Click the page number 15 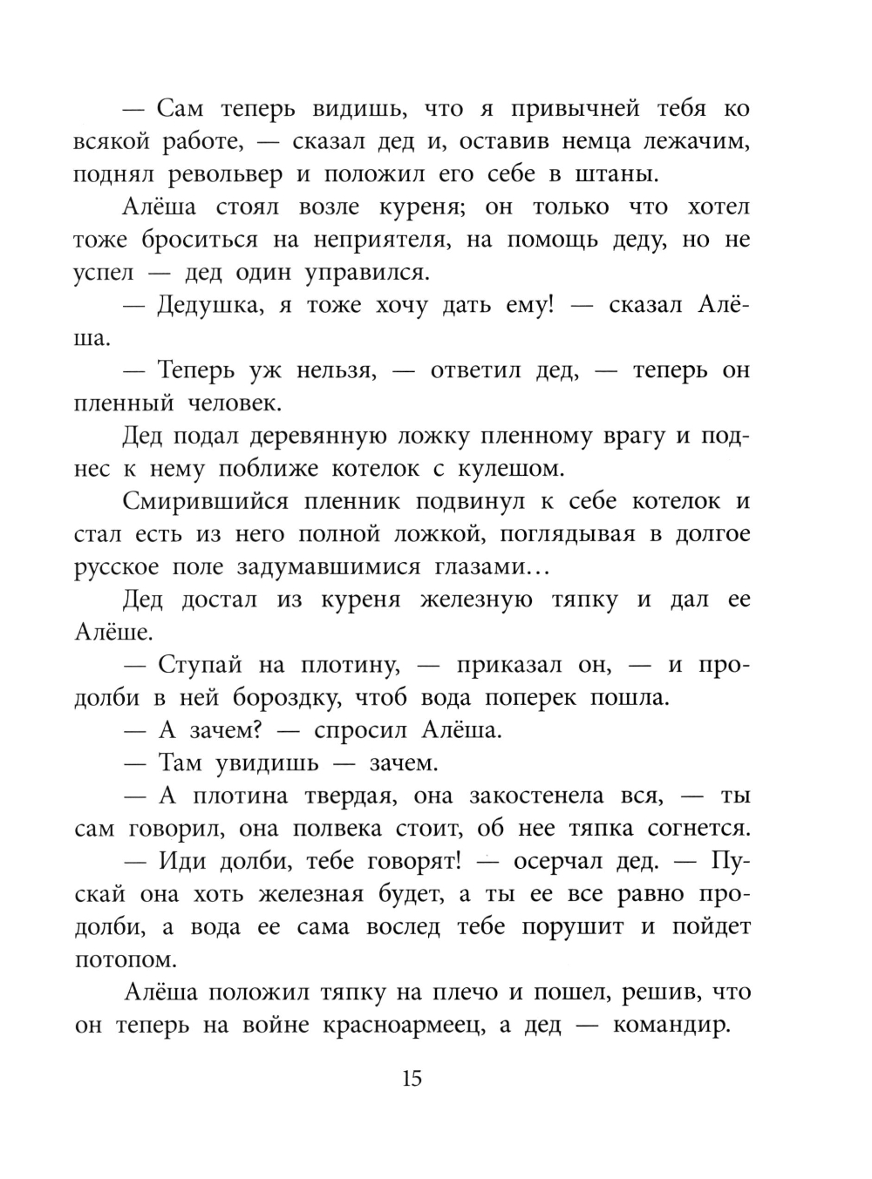(412, 1079)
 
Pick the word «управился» (366, 273)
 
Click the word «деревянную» (310, 436)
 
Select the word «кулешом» (506, 469)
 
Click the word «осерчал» (566, 861)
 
